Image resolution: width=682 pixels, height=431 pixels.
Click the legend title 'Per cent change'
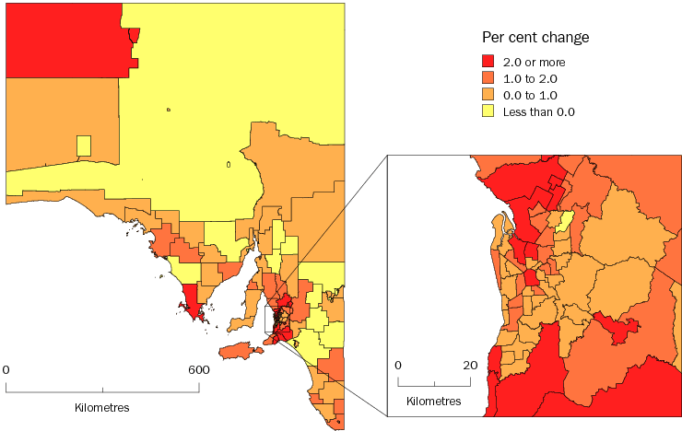click(x=535, y=37)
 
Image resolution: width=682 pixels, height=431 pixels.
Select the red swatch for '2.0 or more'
click(x=489, y=62)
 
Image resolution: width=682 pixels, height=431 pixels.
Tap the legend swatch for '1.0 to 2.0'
click(x=489, y=78)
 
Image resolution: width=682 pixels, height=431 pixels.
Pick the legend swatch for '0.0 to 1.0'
click(x=489, y=95)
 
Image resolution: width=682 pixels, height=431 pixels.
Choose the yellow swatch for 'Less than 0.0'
click(x=489, y=111)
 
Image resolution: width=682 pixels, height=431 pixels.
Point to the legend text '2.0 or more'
click(x=534, y=62)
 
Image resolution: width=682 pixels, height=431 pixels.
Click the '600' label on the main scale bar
click(x=198, y=369)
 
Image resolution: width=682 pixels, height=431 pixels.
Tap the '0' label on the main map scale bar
click(x=6, y=369)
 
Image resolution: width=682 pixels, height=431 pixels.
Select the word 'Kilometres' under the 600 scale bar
click(x=101, y=406)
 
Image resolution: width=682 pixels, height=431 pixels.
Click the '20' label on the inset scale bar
click(x=470, y=365)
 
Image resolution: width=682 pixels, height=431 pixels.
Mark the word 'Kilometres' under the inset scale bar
click(x=433, y=402)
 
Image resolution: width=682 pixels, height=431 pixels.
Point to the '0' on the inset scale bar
click(x=398, y=365)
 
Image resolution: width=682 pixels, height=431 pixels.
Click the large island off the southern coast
click(x=237, y=351)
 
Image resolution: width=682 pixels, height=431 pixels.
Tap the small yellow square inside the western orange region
click(x=84, y=146)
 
